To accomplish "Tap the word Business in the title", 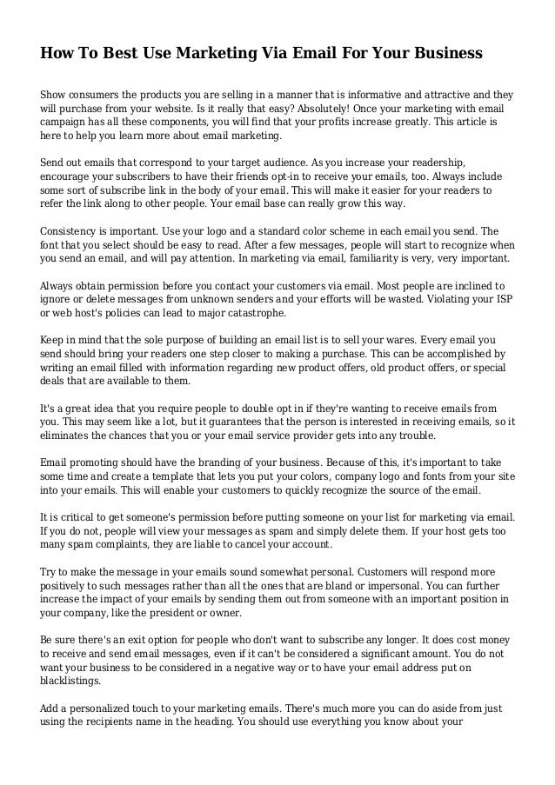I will tap(442, 54).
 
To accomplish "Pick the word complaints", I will tap(120, 545).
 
